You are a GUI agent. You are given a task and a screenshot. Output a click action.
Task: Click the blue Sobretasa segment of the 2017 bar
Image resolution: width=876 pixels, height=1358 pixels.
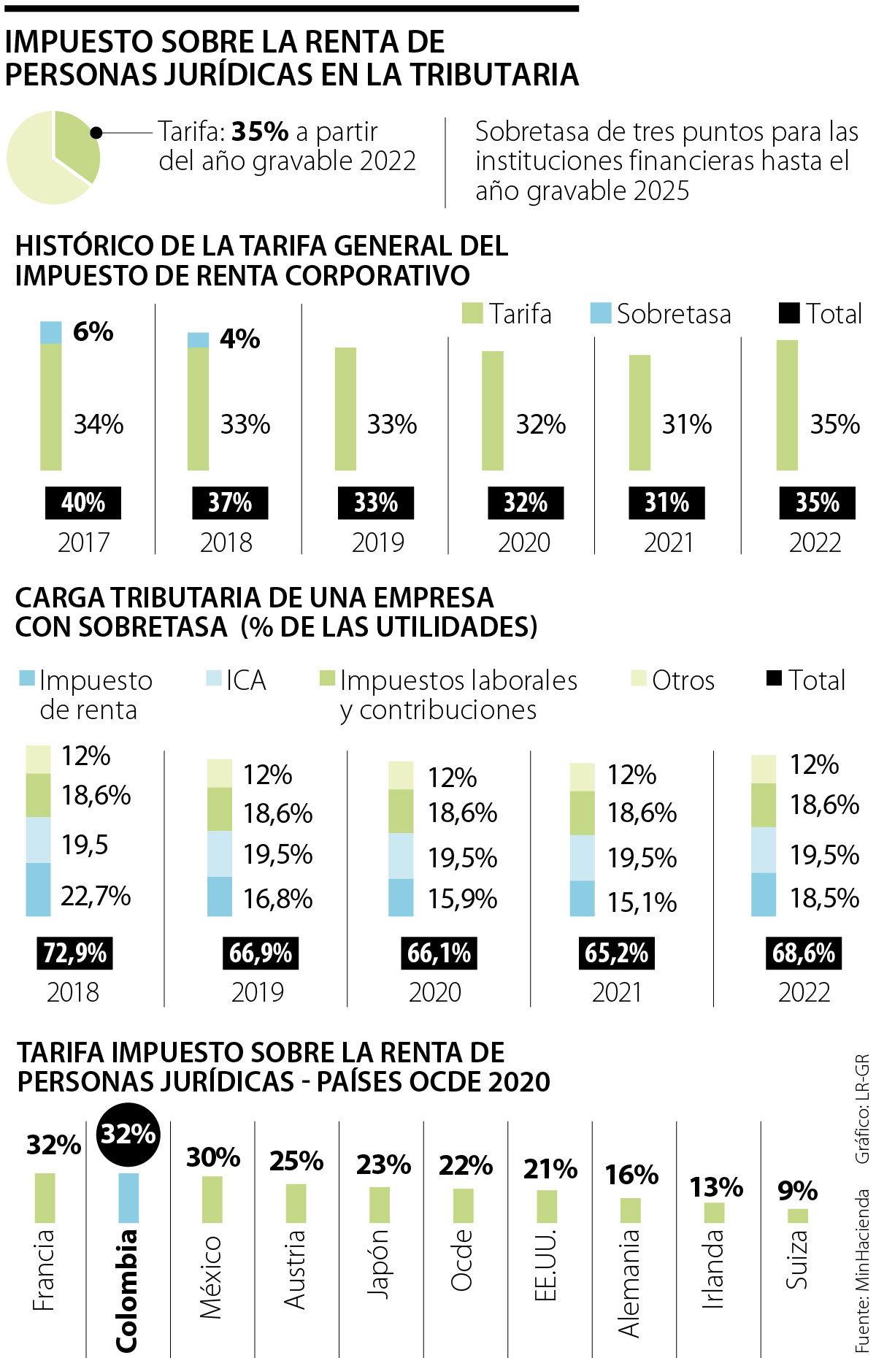[50, 332]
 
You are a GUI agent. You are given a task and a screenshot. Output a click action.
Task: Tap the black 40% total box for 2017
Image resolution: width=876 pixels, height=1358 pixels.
[83, 503]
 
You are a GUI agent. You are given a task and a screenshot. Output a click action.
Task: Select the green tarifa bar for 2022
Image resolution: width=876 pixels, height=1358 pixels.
[787, 405]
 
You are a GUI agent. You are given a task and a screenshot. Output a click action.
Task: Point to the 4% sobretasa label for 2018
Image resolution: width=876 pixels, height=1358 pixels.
[239, 339]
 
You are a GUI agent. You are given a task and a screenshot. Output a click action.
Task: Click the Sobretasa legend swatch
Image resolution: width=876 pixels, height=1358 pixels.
[600, 313]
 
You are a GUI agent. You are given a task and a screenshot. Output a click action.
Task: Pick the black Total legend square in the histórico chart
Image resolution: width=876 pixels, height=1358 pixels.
[789, 313]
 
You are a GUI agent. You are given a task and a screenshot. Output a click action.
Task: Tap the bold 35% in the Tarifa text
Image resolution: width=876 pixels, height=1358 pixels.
[260, 131]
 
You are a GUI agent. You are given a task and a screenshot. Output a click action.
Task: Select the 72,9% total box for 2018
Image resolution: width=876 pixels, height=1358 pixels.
[74, 953]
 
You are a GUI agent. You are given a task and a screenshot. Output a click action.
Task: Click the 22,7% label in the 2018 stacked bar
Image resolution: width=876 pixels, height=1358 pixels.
[96, 896]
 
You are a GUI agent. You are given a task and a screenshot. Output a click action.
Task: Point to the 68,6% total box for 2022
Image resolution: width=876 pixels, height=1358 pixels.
[803, 953]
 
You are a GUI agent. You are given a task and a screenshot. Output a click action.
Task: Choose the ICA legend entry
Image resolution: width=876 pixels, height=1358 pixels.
[237, 680]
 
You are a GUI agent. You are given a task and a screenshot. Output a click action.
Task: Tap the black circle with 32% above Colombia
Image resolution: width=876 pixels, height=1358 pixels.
[128, 1135]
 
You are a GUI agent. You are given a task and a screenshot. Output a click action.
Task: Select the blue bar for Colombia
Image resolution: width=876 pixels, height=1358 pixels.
[128, 1197]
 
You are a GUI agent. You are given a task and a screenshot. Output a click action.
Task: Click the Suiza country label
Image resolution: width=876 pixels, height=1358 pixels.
[796, 1260]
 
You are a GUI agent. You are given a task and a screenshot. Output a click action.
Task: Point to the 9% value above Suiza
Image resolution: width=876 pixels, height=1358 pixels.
[797, 1191]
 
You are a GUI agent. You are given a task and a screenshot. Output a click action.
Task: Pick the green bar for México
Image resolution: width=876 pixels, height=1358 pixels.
[212, 1199]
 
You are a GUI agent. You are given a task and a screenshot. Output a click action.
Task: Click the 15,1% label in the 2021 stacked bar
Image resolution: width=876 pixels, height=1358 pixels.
[642, 902]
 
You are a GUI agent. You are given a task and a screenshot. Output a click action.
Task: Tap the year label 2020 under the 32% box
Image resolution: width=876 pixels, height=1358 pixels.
[523, 542]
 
